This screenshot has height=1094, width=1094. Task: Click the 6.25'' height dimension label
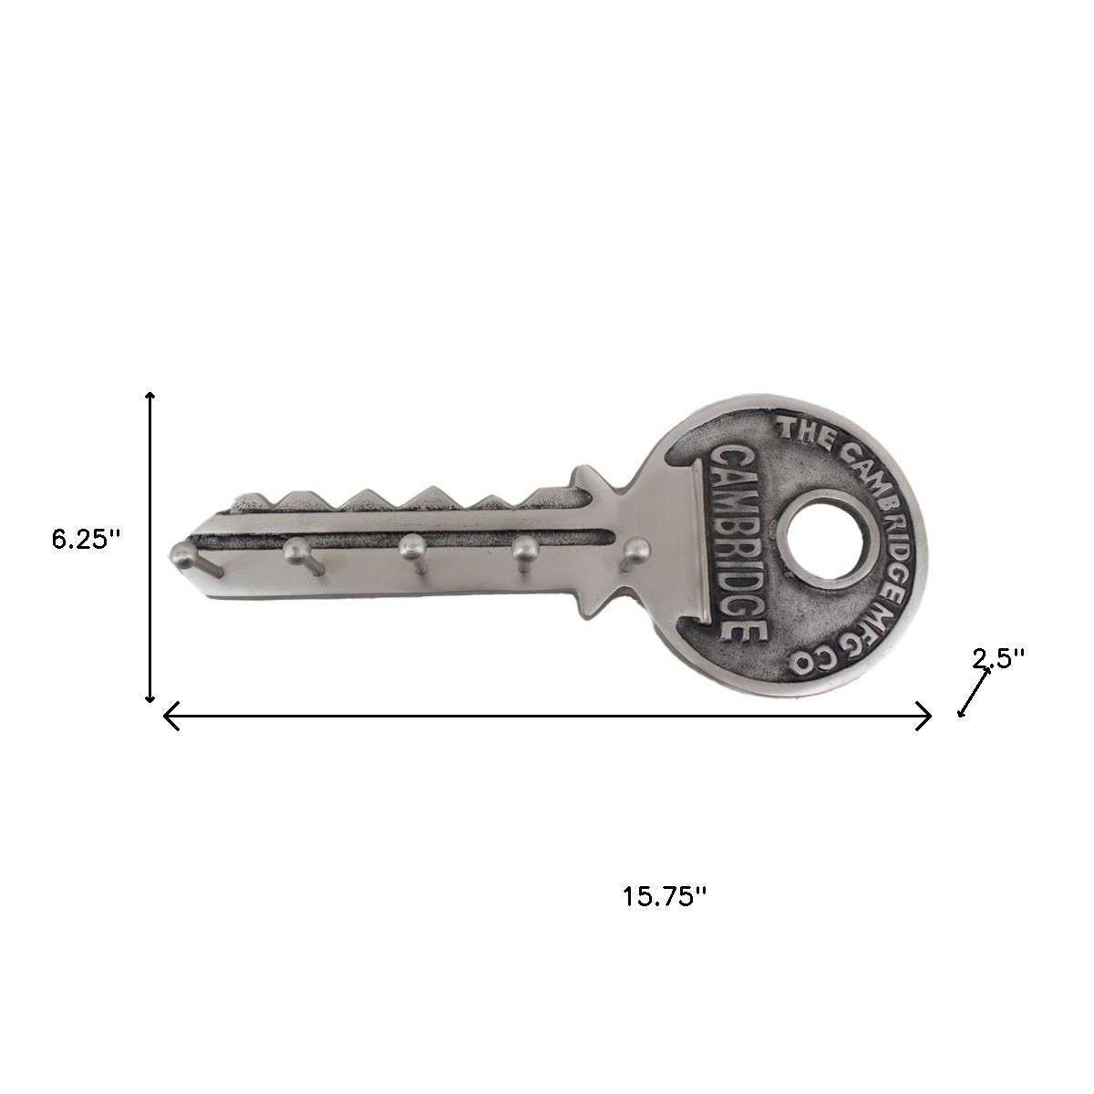pyautogui.click(x=86, y=539)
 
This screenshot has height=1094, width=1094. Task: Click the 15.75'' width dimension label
pyautogui.click(x=666, y=896)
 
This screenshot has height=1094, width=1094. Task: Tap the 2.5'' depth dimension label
pyautogui.click(x=998, y=657)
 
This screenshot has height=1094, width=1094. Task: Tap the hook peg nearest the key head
pyautogui.click(x=637, y=550)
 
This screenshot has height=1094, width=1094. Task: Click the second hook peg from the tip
pyautogui.click(x=296, y=549)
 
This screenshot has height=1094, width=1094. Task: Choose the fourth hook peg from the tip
pyautogui.click(x=524, y=549)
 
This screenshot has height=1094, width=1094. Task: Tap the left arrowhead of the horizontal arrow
pyautogui.click(x=169, y=717)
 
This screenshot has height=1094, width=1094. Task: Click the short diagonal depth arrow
pyautogui.click(x=973, y=692)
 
